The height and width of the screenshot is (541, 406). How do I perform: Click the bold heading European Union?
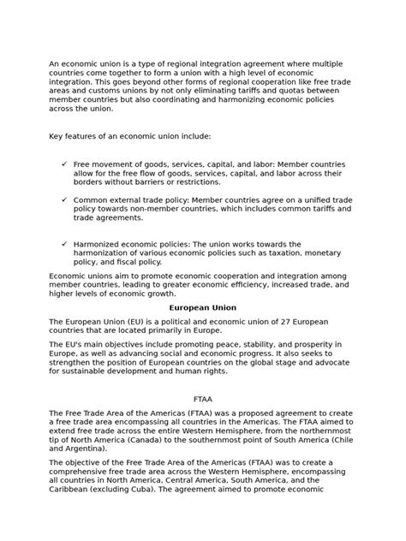(x=203, y=306)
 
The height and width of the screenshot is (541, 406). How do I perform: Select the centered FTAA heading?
(x=203, y=399)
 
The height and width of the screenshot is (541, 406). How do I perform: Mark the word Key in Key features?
(x=57, y=136)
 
